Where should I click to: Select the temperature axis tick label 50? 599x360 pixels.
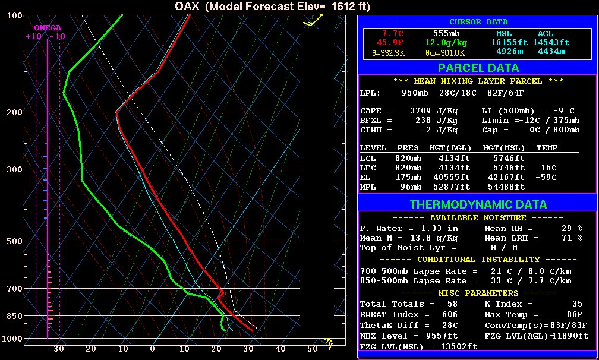click(x=312, y=349)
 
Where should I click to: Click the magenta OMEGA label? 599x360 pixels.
click(x=48, y=28)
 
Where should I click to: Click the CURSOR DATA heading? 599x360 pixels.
click(x=478, y=22)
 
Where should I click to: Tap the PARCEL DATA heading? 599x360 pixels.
click(x=478, y=68)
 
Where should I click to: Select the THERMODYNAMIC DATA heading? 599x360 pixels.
click(x=478, y=204)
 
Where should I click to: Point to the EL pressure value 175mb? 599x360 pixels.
click(x=408, y=177)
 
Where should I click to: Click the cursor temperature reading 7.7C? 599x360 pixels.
click(x=393, y=34)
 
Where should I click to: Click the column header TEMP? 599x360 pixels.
click(x=547, y=147)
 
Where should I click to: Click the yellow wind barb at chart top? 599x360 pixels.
click(x=313, y=21)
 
